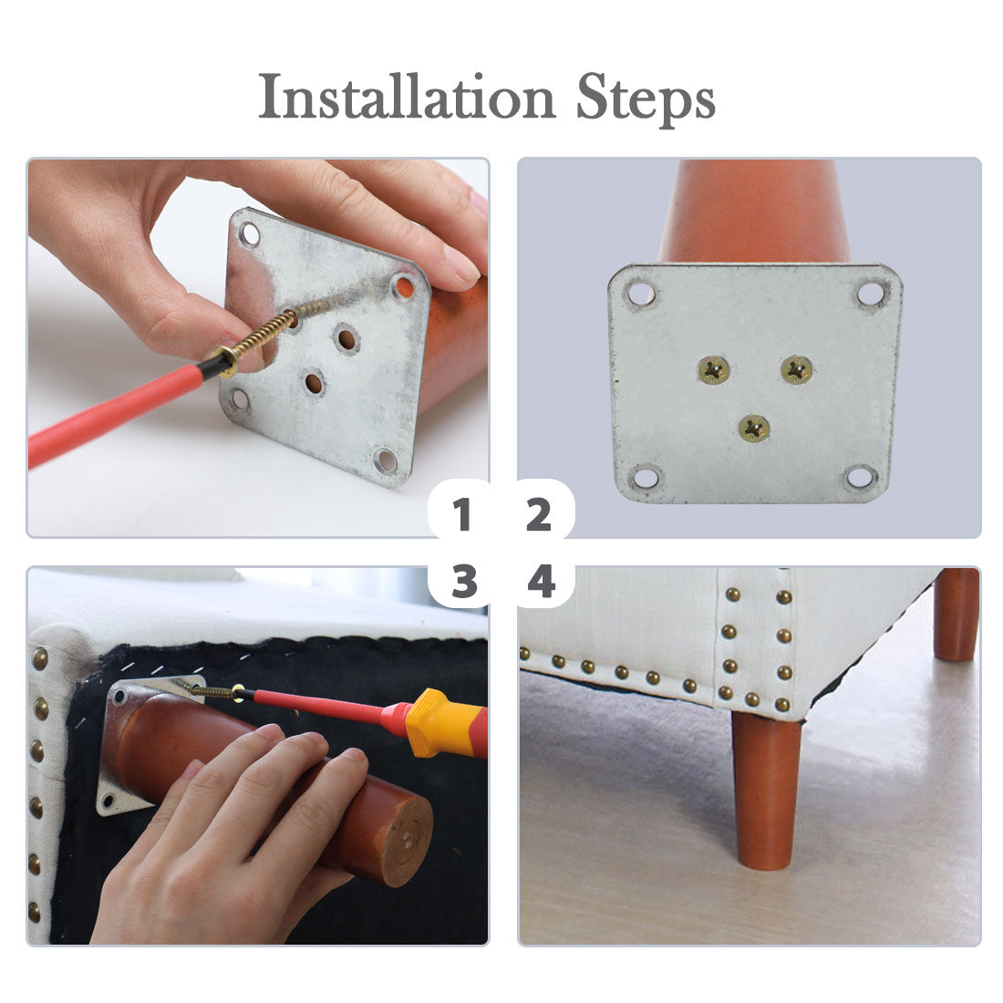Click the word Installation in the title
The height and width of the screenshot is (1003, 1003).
click(x=407, y=97)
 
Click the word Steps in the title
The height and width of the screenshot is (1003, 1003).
click(x=646, y=99)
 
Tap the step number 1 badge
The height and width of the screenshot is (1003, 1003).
click(x=461, y=514)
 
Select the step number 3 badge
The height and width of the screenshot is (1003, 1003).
click(x=464, y=582)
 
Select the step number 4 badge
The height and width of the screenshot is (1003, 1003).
click(x=541, y=582)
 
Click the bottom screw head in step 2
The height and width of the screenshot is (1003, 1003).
click(x=754, y=429)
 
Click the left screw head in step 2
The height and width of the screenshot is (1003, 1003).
click(x=713, y=369)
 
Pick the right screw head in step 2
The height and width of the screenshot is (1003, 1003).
click(x=796, y=369)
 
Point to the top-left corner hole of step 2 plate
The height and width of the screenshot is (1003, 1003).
click(x=641, y=295)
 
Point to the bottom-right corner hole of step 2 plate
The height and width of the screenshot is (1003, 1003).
click(x=859, y=477)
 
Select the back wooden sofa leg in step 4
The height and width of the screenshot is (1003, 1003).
click(x=956, y=614)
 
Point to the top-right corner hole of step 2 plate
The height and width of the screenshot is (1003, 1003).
click(x=870, y=295)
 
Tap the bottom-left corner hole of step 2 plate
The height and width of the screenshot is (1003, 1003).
click(x=645, y=477)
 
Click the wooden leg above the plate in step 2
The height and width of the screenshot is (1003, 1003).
click(x=755, y=212)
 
